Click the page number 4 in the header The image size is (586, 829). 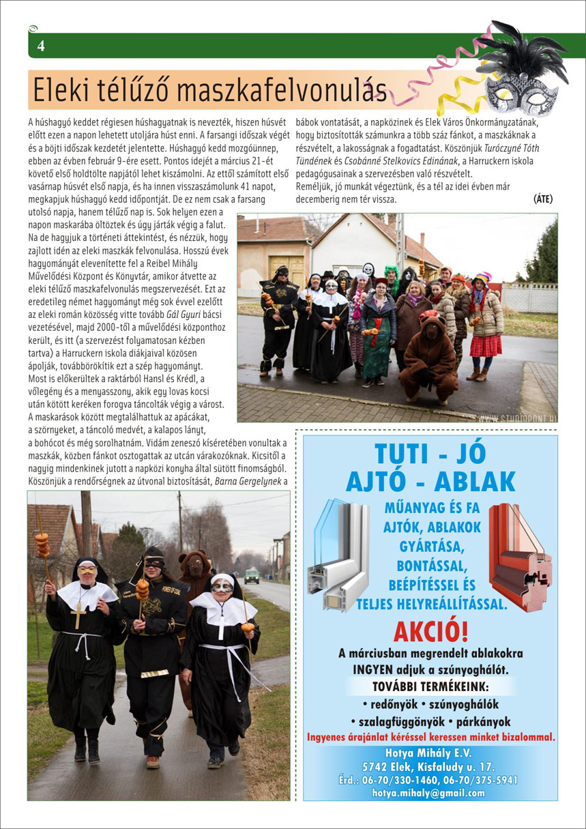tap(41, 46)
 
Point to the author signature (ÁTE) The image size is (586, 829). tap(543, 199)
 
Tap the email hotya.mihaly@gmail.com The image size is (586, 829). tap(428, 793)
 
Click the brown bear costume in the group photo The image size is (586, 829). tap(430, 360)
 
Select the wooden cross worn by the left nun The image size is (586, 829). tap(79, 614)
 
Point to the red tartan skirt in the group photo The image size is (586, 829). tap(486, 346)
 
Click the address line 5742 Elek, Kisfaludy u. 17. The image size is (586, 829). tap(428, 767)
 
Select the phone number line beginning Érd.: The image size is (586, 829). tap(428, 780)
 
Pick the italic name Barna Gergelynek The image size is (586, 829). tap(244, 481)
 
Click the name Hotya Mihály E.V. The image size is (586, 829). tap(428, 753)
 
